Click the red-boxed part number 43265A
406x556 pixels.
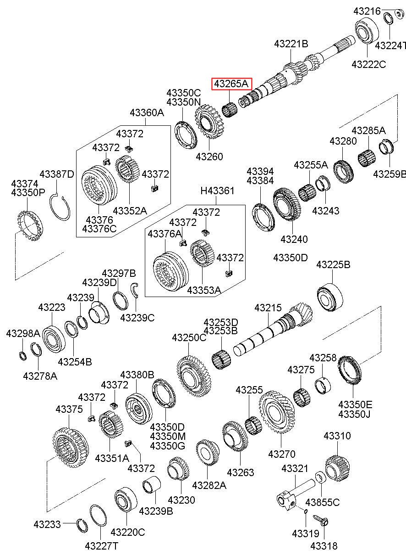coord(231,84)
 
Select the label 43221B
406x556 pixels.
coord(291,44)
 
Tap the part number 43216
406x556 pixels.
coord(367,11)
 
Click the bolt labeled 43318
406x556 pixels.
coord(321,522)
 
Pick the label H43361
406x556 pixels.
coord(217,191)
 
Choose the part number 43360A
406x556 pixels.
coord(147,112)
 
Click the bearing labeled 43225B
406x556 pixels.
coord(330,298)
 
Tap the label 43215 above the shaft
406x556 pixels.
coord(268,308)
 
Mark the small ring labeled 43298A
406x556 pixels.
coord(23,356)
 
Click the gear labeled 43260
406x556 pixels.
coord(209,122)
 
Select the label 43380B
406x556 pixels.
coord(137,374)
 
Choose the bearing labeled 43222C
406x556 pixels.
coord(368,30)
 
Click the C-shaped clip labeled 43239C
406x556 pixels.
coord(135,290)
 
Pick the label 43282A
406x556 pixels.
coord(209,485)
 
